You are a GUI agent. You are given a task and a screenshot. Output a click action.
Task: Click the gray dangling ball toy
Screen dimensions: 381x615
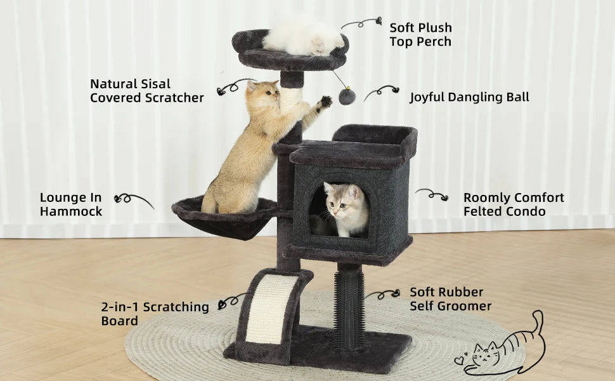[x=347, y=96]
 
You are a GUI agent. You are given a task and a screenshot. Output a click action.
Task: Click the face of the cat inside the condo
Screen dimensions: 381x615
[x=340, y=198]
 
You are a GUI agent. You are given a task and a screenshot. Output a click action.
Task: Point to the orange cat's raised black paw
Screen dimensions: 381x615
[x=326, y=100]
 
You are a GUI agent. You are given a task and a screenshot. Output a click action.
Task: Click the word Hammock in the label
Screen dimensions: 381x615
[x=71, y=211]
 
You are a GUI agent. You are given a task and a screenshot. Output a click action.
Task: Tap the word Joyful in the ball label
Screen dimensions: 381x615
[x=429, y=97]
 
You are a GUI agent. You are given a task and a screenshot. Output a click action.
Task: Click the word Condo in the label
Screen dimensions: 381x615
[x=526, y=211]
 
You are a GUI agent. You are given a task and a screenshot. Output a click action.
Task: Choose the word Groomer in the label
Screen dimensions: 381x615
[x=462, y=306]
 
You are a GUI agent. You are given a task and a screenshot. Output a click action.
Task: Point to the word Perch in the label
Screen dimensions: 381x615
[x=435, y=42]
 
